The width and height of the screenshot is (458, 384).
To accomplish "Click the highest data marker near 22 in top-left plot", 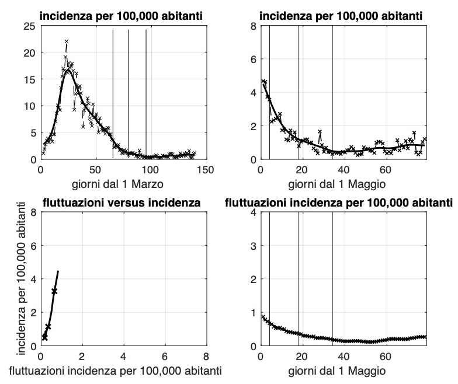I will pos(67,41).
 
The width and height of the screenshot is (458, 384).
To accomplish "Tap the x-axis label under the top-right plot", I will pos(343,184).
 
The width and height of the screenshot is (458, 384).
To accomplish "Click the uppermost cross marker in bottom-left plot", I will pos(54,291).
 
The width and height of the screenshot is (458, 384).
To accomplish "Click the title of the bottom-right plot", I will pos(339,203).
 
